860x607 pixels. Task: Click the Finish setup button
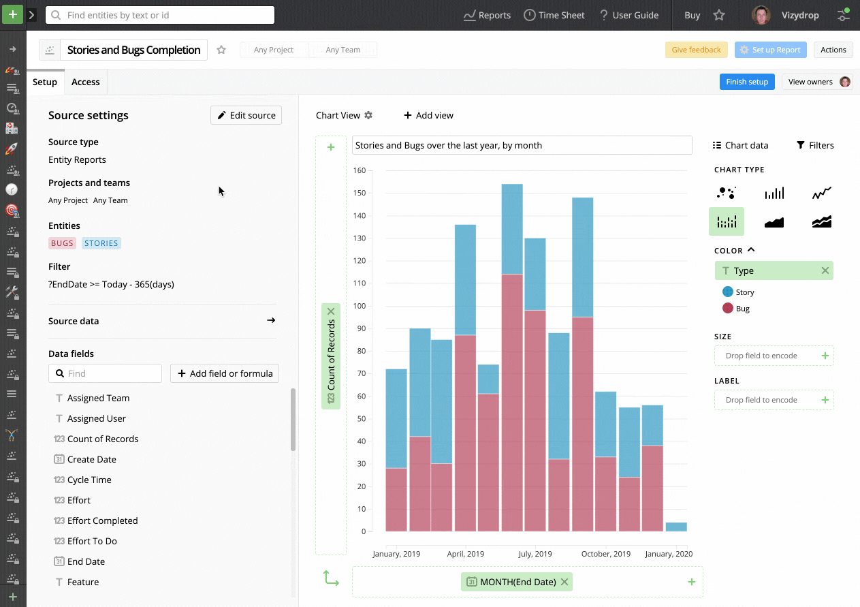[x=746, y=82]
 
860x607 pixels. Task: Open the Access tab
[x=86, y=82]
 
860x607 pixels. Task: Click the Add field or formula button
[x=225, y=373]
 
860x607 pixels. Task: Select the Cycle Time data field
[x=89, y=480]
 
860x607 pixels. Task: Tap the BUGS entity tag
[x=62, y=243]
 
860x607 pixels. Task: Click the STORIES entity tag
[x=101, y=243]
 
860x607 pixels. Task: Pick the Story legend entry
[x=744, y=292]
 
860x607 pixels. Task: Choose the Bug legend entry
[x=742, y=309]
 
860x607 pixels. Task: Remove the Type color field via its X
[x=825, y=270]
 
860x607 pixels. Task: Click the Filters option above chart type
[x=815, y=145]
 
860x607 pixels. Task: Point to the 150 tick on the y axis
[x=359, y=193]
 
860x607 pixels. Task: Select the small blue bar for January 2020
[x=675, y=527]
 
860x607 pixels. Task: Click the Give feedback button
[x=696, y=50]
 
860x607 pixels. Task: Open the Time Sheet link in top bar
[x=554, y=15]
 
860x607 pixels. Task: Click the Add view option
[x=428, y=115]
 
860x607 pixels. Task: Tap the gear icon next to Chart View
[x=368, y=115]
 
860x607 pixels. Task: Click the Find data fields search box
[x=106, y=373]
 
